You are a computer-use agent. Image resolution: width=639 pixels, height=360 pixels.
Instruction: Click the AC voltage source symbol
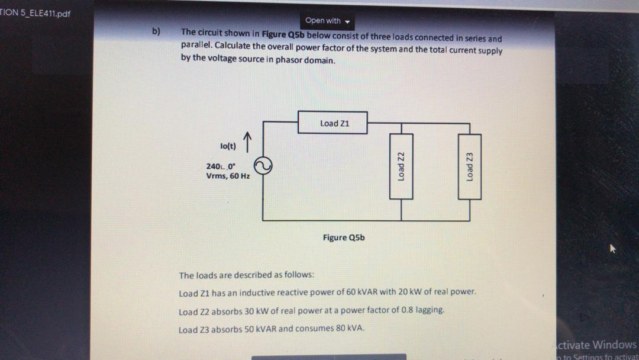pos(263,167)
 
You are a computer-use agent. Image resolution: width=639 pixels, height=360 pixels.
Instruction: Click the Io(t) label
pos(228,144)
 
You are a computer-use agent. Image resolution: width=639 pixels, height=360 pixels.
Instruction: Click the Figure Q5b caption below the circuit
pos(344,237)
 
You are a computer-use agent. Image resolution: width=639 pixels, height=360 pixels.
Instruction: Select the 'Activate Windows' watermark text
pos(596,345)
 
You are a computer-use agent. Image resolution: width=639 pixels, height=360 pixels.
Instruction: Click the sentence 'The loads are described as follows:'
pos(247,275)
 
